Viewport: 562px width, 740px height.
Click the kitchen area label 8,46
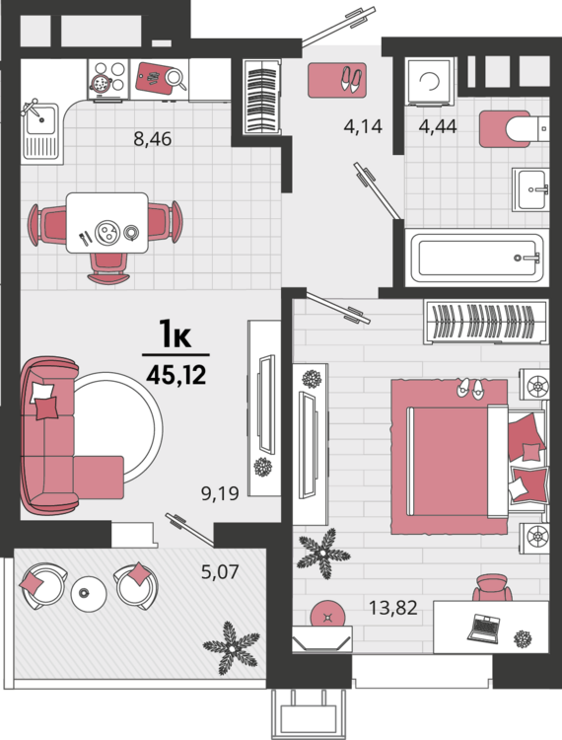[x=152, y=139]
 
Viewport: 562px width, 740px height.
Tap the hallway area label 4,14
[x=363, y=126]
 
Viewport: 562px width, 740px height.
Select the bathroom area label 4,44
[x=438, y=126]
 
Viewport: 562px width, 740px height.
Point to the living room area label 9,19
[x=220, y=493]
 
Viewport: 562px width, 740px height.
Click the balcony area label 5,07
[x=220, y=571]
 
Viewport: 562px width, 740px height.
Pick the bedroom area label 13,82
[x=392, y=608]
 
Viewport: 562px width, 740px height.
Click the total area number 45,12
[x=176, y=375]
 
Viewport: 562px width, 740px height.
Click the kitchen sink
[x=42, y=133]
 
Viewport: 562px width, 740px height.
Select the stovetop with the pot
[x=108, y=80]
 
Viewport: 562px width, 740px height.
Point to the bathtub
[x=476, y=259]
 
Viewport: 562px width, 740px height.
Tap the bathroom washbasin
[x=530, y=189]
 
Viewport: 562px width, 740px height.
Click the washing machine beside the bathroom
[x=430, y=81]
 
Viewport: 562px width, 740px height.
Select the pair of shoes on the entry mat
[x=351, y=80]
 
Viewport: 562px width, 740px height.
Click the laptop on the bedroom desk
[x=483, y=629]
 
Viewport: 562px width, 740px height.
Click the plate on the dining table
[x=107, y=232]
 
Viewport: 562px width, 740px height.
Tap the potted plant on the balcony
[x=231, y=647]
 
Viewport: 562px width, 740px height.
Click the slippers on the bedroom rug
[x=470, y=390]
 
